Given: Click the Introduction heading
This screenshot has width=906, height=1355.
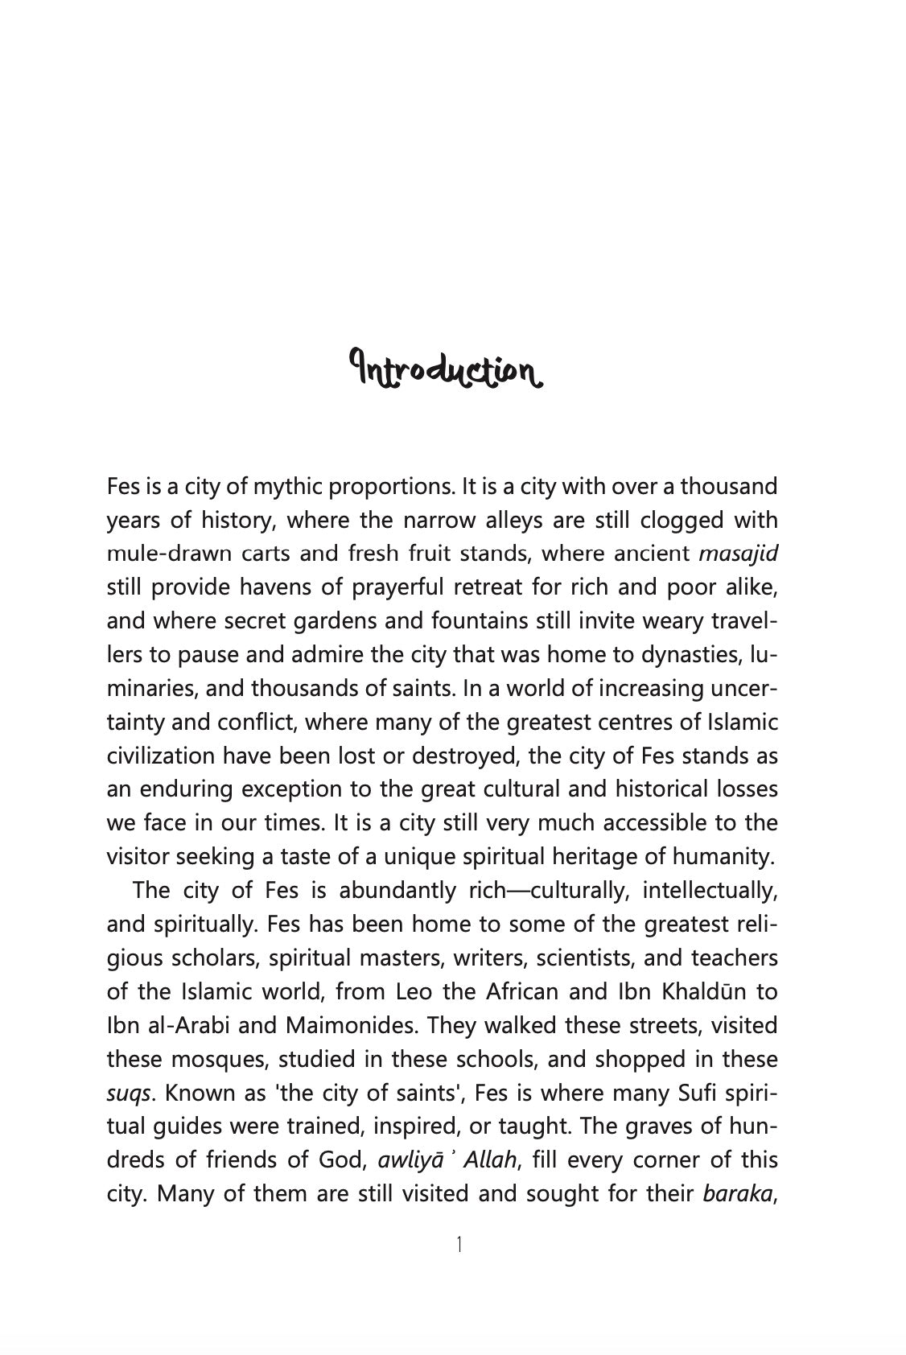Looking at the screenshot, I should point(445,369).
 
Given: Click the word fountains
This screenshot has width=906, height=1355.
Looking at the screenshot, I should point(488,621).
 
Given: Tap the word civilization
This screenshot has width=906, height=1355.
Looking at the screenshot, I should point(161,756).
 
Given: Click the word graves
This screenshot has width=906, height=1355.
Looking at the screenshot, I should point(649,1126).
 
